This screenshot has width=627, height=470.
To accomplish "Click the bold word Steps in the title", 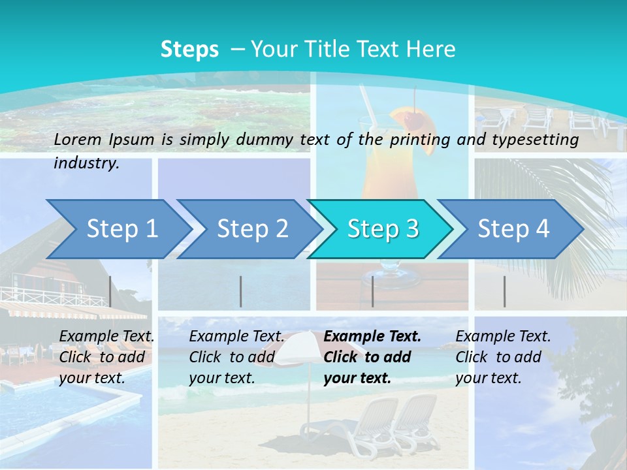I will pos(189,50).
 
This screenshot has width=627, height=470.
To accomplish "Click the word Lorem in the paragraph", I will pos(76,139).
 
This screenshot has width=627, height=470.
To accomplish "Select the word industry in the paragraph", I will pos(86,163).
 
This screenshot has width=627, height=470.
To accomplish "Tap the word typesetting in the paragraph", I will pos(534,139).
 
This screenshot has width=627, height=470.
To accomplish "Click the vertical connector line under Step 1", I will pos(110,291).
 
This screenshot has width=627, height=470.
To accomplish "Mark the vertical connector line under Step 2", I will pos(240,291).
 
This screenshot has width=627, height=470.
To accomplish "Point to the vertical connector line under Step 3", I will pos(372,291).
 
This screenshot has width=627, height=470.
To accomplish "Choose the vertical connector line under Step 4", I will pos(504,291).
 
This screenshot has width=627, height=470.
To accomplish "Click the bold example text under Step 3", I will pos(372,357).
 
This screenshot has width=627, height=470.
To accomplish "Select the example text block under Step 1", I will pos(106,357).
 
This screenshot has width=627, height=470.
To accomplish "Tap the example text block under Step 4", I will pos(502,357).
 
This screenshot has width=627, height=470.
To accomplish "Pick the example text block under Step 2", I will pos(236,357).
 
